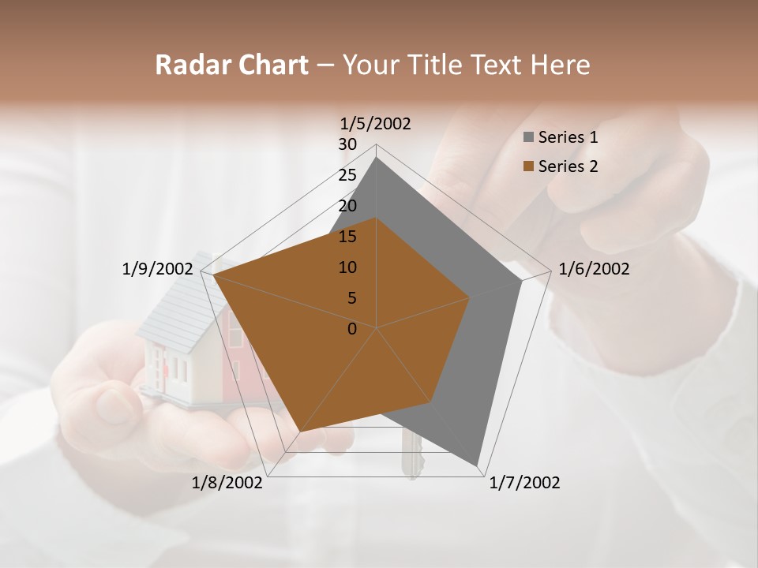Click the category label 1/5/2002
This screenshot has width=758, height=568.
(x=376, y=123)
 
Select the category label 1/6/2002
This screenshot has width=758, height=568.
(x=594, y=269)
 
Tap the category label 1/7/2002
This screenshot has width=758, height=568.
(x=524, y=483)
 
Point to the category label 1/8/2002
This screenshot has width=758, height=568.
(x=227, y=483)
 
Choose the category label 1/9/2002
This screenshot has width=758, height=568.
(x=157, y=269)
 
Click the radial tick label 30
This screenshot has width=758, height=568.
(x=347, y=144)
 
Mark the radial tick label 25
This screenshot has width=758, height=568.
(x=347, y=175)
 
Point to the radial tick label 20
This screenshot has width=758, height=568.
(x=347, y=206)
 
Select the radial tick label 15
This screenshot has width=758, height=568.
(x=347, y=237)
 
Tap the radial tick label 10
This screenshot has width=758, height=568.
(x=347, y=267)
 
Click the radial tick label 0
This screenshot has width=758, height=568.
(x=352, y=329)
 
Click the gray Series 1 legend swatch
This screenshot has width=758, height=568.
(x=528, y=138)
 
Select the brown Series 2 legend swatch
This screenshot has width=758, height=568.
(x=528, y=166)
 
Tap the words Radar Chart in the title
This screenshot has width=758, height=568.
(x=231, y=65)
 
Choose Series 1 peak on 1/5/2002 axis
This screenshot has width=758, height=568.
(x=376, y=158)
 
